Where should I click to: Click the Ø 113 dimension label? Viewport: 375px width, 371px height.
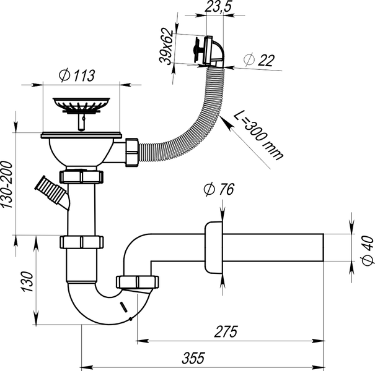click(77, 75)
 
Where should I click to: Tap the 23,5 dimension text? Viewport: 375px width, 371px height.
click(218, 6)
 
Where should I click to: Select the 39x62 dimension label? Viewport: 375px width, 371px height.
click(166, 46)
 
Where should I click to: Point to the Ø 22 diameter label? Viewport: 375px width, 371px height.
click(259, 59)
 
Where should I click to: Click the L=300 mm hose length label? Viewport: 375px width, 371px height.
click(258, 135)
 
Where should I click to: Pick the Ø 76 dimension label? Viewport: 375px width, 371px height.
click(219, 189)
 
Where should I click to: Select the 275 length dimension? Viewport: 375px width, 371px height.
click(226, 331)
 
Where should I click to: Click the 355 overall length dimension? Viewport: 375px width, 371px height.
click(193, 358)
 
